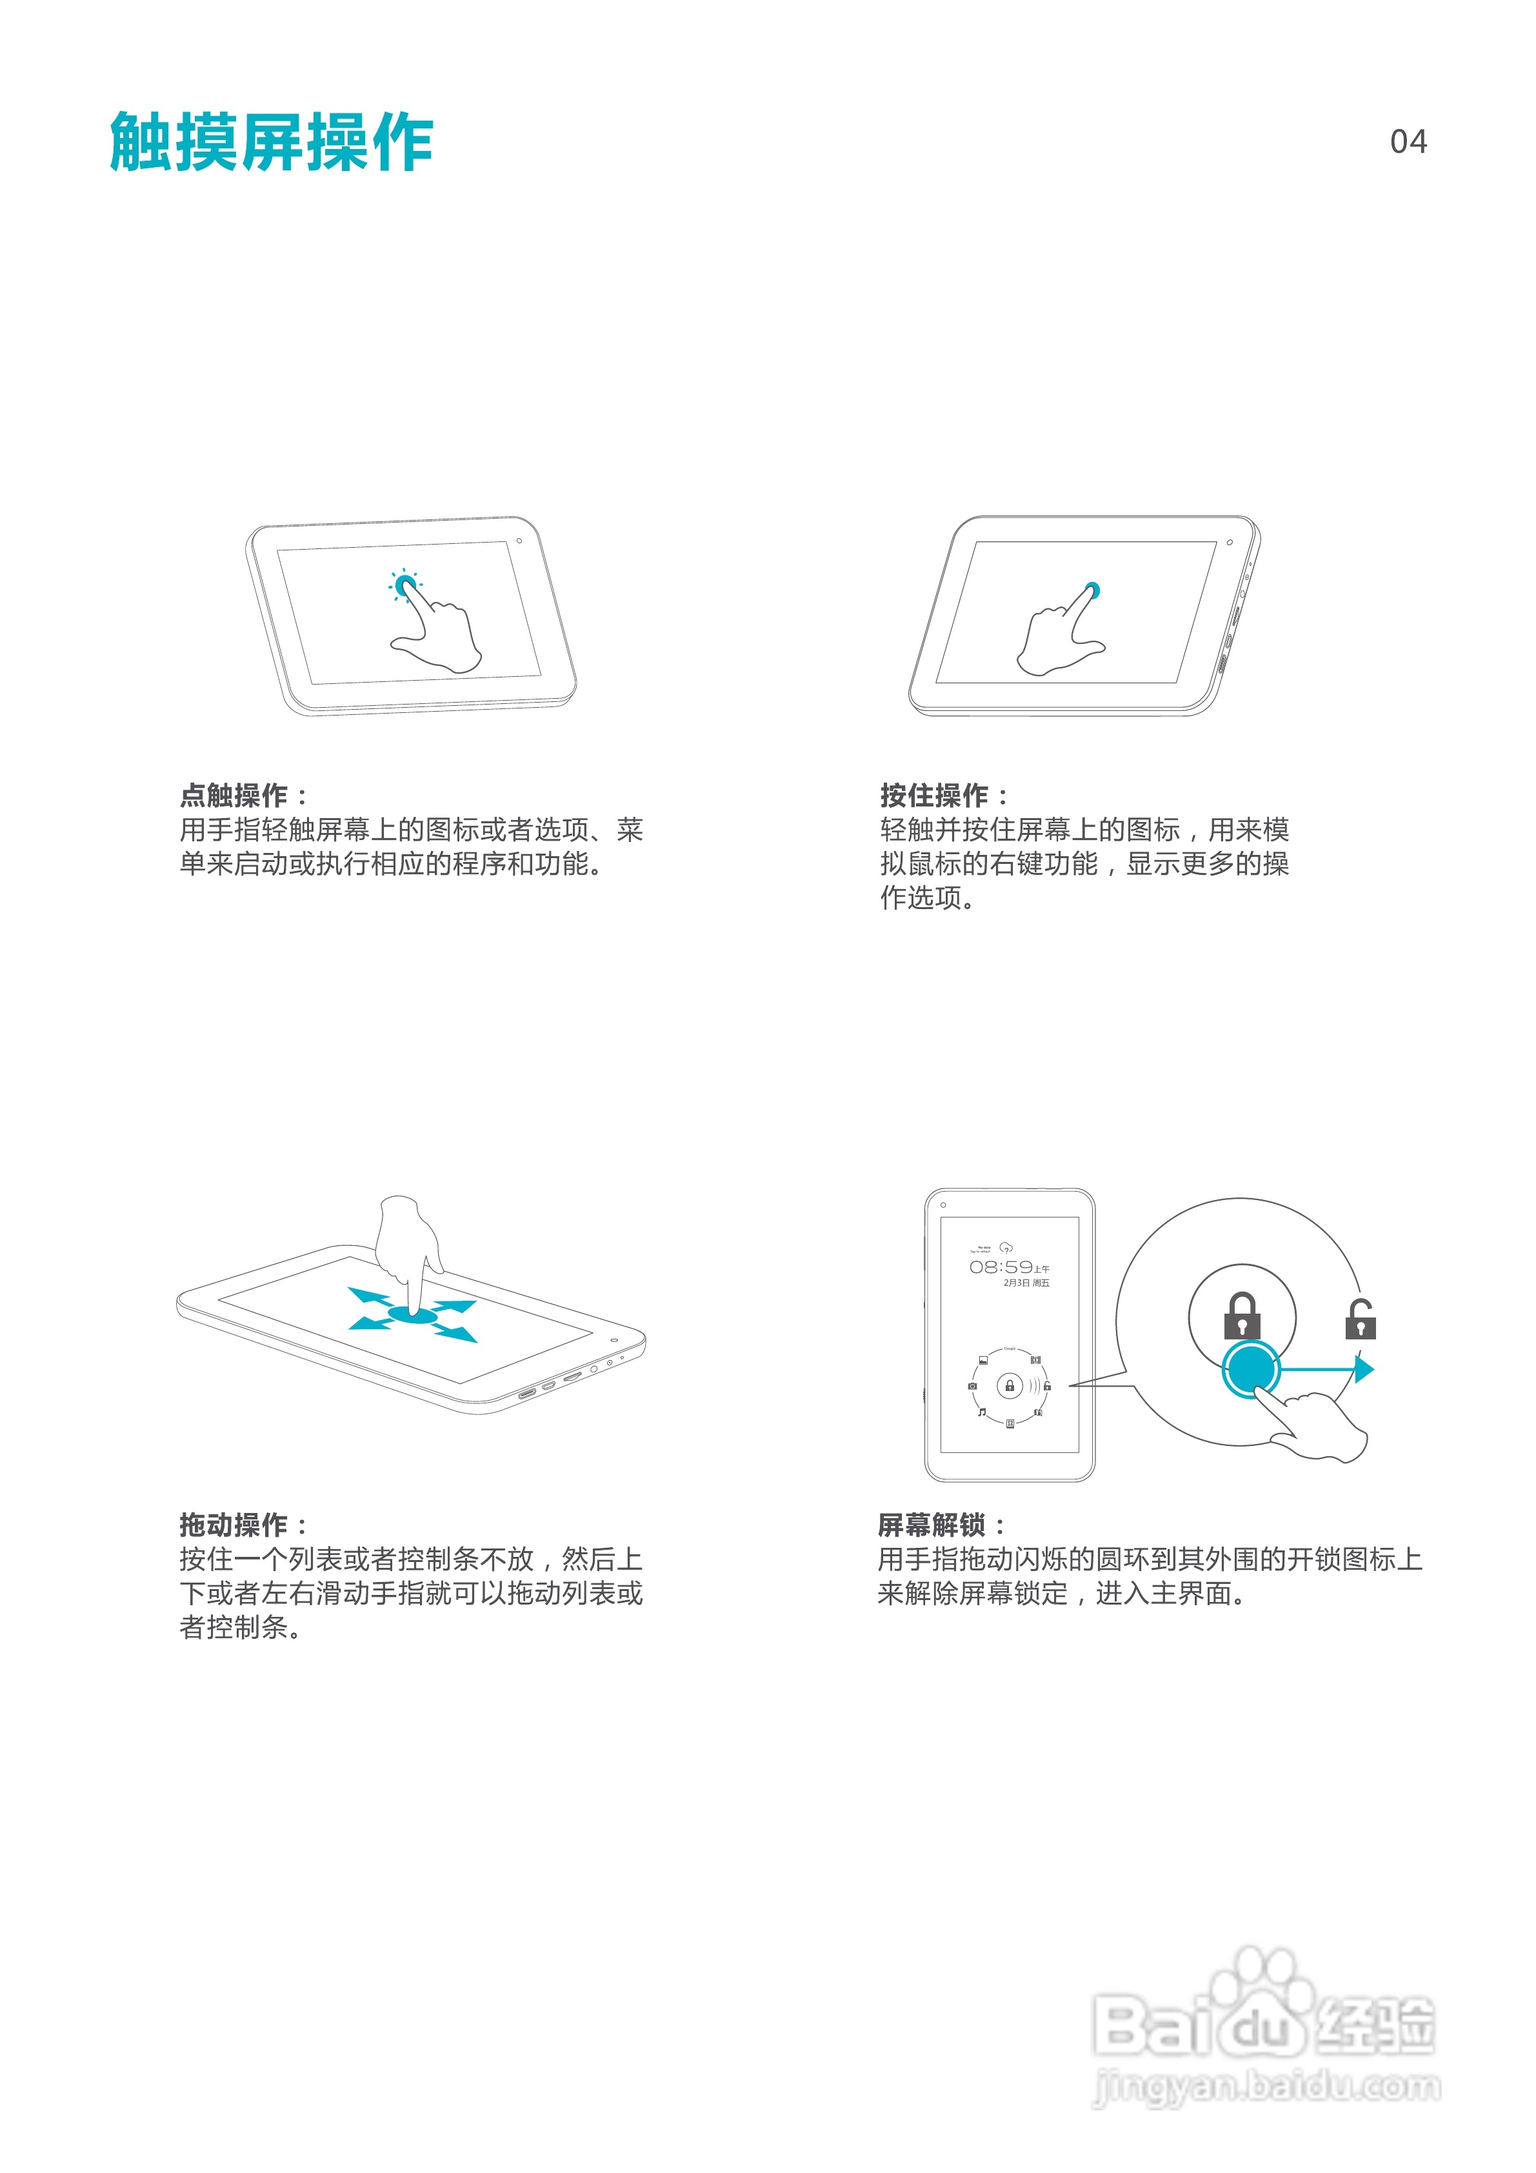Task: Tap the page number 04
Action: coord(1407,142)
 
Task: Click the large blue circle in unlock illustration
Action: coord(1251,1368)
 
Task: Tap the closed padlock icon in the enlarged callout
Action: coord(1242,1316)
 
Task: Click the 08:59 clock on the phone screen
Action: coord(1001,1267)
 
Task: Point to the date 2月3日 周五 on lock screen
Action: coord(1026,1283)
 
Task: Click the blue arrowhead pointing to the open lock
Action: coord(1364,1368)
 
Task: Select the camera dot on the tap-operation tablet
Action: coord(519,541)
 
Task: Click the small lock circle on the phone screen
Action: coord(1010,1387)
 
